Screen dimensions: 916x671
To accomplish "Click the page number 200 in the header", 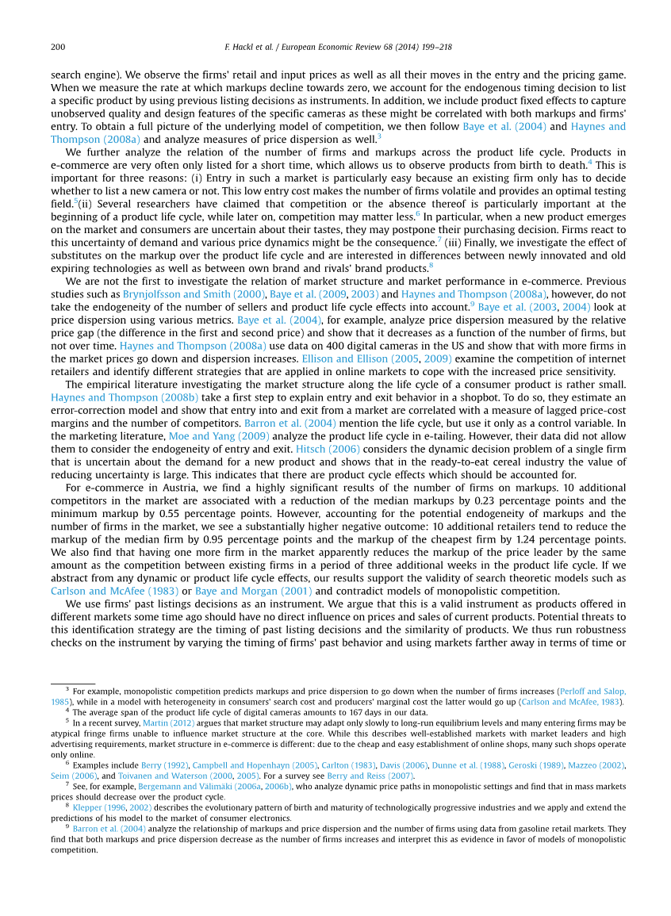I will pos(58,48).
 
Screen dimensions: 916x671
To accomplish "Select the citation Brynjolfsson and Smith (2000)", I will pos(194,293).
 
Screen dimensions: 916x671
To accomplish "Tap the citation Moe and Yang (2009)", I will pos(208,436).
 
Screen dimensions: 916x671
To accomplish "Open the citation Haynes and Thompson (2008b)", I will pos(125,396).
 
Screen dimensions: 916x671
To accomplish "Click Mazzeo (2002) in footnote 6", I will pos(596,765).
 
